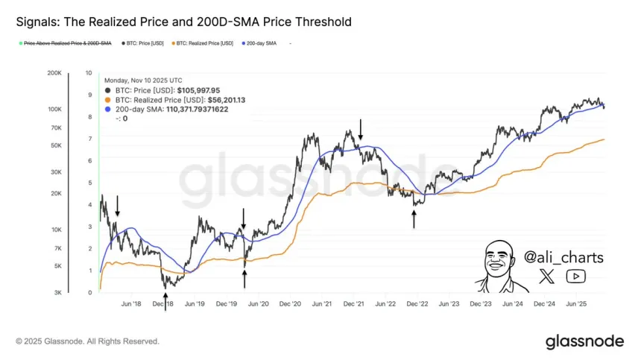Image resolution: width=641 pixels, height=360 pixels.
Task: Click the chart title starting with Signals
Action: click(183, 22)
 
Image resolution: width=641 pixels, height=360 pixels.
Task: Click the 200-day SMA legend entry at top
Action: click(262, 44)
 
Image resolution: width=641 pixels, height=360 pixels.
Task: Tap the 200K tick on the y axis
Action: click(54, 73)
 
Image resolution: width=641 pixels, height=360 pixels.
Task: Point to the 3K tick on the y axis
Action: click(57, 293)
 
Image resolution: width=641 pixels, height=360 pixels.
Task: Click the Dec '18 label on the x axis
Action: click(163, 304)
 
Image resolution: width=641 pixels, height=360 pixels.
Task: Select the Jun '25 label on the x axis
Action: click(577, 304)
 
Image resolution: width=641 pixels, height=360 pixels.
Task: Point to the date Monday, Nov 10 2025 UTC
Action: click(143, 80)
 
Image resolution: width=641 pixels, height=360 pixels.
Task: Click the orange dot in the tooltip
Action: click(109, 99)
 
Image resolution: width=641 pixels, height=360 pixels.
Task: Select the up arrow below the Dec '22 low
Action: click(414, 219)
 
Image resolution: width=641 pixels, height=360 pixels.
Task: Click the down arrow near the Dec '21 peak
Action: click(361, 129)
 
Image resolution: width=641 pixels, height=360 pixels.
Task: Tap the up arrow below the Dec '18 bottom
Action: click(165, 301)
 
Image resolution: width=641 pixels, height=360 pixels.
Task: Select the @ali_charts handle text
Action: click(563, 257)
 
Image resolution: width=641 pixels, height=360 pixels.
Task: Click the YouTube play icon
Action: click(575, 277)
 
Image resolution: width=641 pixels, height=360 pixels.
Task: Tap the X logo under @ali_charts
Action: click(547, 277)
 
